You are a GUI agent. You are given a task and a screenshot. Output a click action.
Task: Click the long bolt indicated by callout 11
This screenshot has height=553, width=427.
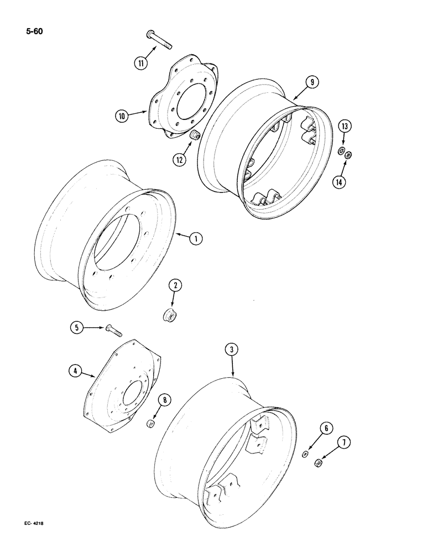(x=160, y=40)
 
